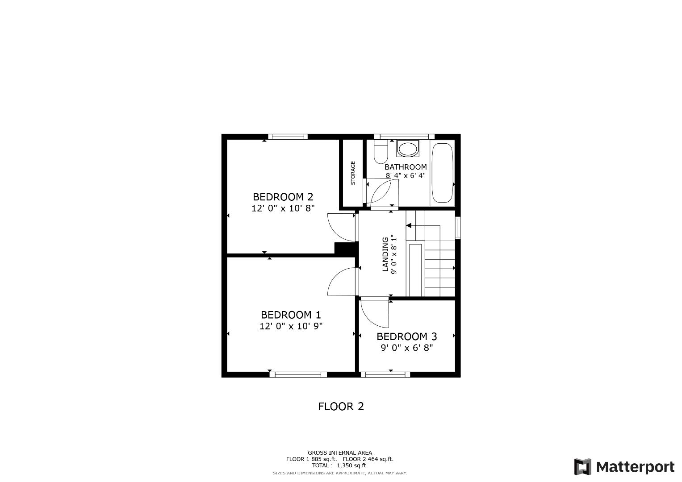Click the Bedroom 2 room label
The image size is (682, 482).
point(283,197)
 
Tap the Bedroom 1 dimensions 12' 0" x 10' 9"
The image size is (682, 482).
point(291,326)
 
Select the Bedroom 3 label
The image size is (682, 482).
point(406,337)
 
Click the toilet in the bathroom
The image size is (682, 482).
point(381,152)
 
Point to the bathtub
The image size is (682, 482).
point(442,174)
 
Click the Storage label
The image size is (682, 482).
point(353,173)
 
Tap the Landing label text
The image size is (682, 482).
point(385,254)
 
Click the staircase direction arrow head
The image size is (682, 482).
point(409,226)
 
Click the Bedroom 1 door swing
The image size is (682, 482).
point(342,281)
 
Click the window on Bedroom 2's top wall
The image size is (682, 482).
point(288,137)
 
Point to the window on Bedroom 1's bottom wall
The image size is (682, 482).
point(298,374)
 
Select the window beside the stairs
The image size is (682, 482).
point(457,227)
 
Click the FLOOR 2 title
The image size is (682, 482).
point(341,407)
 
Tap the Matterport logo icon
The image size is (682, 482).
point(582,467)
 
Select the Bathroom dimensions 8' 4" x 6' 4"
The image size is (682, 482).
point(406,175)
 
